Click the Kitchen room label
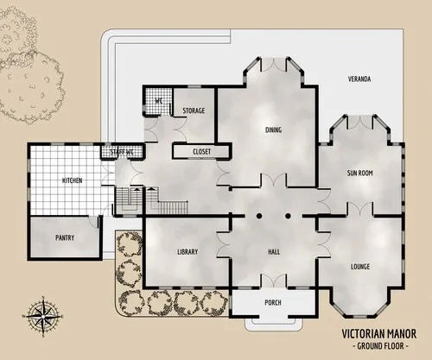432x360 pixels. point(72,180)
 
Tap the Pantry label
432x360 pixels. point(65,237)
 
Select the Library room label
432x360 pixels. point(187,251)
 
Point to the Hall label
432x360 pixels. point(274,251)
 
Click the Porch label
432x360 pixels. point(273,302)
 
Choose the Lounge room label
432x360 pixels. point(360,267)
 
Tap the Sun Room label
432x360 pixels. point(359,174)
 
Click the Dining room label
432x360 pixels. point(273,130)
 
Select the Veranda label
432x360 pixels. point(359,79)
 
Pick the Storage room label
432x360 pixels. point(194,111)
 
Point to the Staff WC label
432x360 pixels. point(122,153)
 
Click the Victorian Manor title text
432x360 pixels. point(378,332)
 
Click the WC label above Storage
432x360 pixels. point(158,100)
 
